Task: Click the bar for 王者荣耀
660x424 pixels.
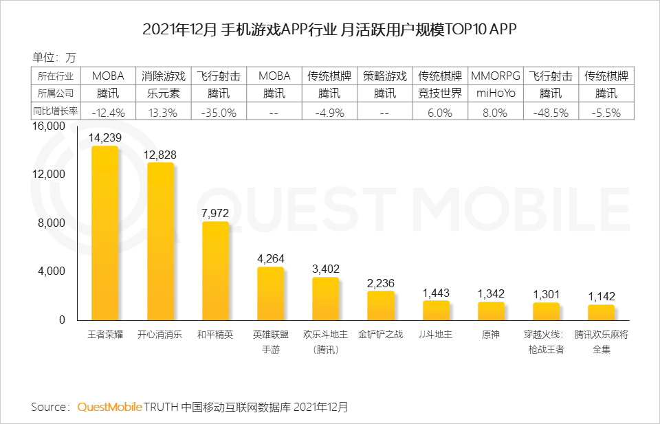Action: click(105, 234)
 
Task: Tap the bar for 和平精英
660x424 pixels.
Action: click(215, 271)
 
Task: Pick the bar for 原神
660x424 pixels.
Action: click(491, 311)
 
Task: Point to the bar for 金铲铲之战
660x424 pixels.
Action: click(381, 306)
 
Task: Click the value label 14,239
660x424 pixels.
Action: click(105, 137)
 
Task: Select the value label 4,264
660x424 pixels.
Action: click(270, 258)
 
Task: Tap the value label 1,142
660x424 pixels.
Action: click(602, 296)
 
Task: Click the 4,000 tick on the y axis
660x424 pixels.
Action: click(51, 271)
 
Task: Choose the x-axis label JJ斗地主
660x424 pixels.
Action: click(435, 335)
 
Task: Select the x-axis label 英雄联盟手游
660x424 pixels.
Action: click(270, 342)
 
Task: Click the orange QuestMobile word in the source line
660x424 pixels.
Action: click(109, 407)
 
